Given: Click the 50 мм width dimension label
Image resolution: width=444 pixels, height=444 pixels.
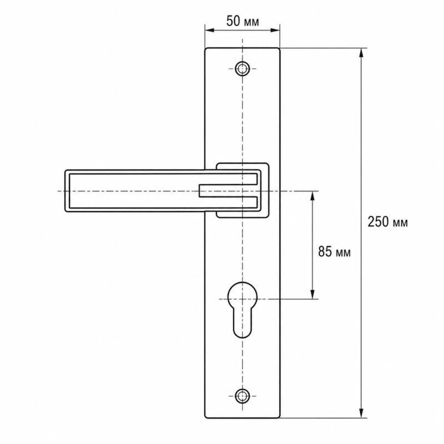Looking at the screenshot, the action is pyautogui.click(x=243, y=21).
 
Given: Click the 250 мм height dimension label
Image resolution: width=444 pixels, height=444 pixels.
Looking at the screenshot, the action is pyautogui.click(x=387, y=222).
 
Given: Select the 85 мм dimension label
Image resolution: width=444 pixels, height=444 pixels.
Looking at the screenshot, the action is pyautogui.click(x=334, y=251).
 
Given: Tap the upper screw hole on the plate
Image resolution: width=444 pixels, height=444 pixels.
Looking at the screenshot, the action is pyautogui.click(x=242, y=68).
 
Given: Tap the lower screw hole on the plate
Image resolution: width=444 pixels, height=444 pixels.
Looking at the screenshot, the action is pyautogui.click(x=242, y=396).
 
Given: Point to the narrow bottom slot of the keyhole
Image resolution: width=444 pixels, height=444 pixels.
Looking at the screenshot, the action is pyautogui.click(x=243, y=324).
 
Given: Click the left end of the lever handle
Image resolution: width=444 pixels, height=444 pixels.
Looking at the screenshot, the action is pyautogui.click(x=65, y=191).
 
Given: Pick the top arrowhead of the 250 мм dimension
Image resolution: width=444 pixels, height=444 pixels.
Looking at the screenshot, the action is pyautogui.click(x=361, y=53).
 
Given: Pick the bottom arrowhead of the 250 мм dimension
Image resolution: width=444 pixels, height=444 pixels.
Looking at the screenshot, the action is pyautogui.click(x=361, y=413).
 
